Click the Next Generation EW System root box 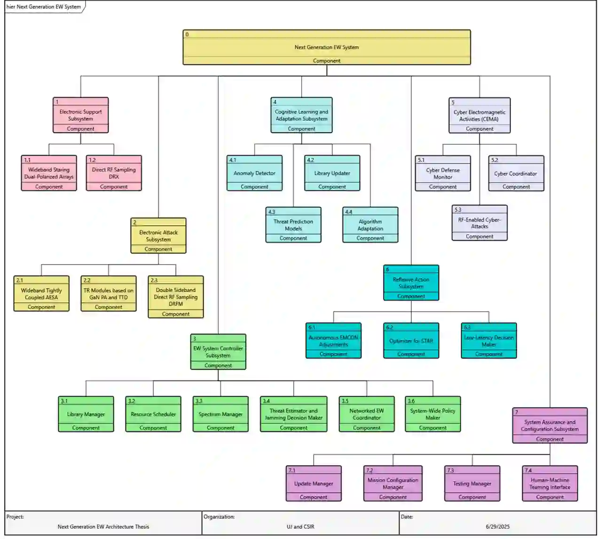point(326,47)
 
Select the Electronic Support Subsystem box point(80,115)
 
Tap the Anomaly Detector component point(254,173)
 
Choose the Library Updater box point(332,173)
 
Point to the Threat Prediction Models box point(293,225)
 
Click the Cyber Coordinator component point(516,174)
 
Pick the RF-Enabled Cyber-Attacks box point(480,223)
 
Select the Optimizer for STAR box point(411,341)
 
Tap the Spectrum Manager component point(220,414)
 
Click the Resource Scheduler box point(153,414)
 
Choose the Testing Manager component point(472,484)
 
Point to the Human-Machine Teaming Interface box point(550,484)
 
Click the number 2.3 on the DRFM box point(154,280)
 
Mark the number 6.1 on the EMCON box point(312,327)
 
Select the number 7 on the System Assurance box point(516,412)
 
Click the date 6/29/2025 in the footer point(497,527)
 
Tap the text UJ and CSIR point(300,527)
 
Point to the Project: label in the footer point(15,517)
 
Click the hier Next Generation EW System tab point(44,7)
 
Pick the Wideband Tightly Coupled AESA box point(41,294)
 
